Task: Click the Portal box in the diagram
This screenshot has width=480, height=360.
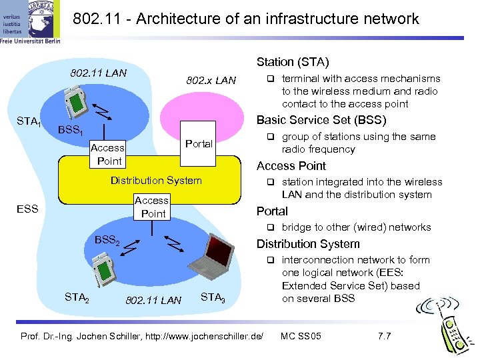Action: point(199,143)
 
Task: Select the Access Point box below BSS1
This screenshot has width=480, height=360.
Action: point(108,154)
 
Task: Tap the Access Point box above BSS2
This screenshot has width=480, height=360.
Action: point(152,207)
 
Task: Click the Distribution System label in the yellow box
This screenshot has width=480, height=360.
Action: point(156,180)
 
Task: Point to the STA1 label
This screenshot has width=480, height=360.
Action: point(29,121)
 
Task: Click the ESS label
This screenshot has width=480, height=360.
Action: point(27,208)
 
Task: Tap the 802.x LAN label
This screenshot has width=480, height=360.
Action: point(211,81)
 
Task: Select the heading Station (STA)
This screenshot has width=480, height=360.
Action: point(293,62)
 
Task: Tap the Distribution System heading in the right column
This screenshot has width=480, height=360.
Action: point(308,244)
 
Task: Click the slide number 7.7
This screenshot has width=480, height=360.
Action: point(384,335)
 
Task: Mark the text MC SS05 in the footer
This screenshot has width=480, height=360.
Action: point(301,335)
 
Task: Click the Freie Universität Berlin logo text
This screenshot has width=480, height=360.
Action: point(31,40)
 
